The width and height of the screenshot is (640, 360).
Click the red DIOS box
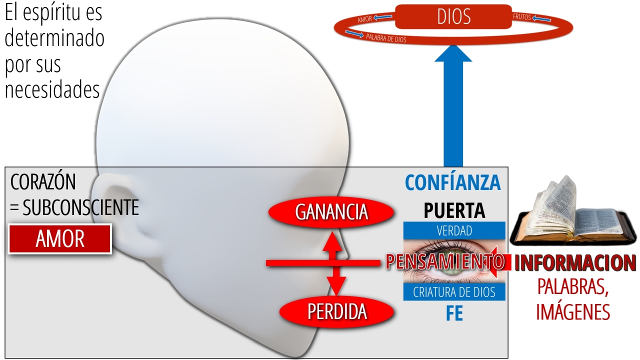click(453, 16)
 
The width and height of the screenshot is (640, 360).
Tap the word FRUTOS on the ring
click(521, 17)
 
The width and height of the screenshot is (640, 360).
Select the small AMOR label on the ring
click(365, 19)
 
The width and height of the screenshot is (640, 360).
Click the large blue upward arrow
click(453, 105)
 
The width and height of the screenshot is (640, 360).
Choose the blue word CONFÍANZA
click(453, 182)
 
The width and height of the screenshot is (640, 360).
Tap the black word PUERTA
click(454, 210)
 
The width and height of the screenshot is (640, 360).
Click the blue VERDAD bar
click(454, 230)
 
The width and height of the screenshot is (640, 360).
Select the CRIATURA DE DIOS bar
click(454, 292)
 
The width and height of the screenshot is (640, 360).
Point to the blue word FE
click(454, 313)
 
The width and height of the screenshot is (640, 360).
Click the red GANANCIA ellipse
click(331, 212)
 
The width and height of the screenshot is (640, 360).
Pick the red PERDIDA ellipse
click(337, 311)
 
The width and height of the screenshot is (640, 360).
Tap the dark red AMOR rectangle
click(60, 239)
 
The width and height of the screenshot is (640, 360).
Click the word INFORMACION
click(575, 262)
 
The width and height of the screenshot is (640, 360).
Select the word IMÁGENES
click(573, 312)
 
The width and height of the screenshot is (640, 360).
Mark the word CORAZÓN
click(43, 181)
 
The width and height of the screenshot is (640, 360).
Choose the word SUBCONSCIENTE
click(81, 207)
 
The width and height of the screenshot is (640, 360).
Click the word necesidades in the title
click(52, 89)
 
